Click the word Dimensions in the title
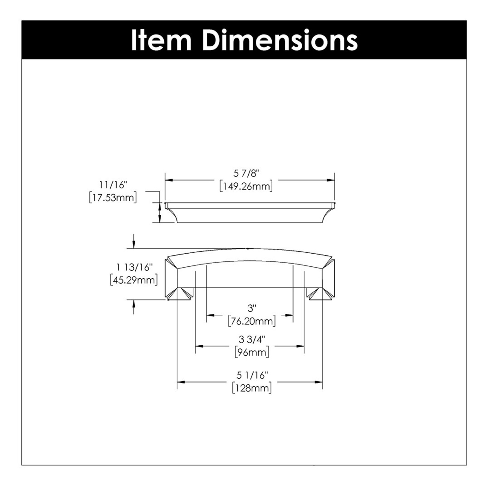(x=280, y=40)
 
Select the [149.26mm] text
(x=246, y=187)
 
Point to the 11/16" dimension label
(x=113, y=185)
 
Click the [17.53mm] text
(x=113, y=198)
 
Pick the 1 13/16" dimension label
(x=134, y=267)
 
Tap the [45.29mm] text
(x=134, y=280)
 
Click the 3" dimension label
(x=252, y=308)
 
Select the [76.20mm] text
(x=252, y=321)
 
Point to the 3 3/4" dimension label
(x=252, y=339)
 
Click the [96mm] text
(x=252, y=352)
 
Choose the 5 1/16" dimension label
(x=252, y=376)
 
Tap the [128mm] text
(x=252, y=388)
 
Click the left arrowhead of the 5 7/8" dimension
(x=169, y=180)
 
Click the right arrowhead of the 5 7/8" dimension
(x=331, y=180)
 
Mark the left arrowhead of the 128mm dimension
(x=181, y=382)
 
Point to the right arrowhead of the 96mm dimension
(x=300, y=346)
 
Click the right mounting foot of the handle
(x=320, y=294)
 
